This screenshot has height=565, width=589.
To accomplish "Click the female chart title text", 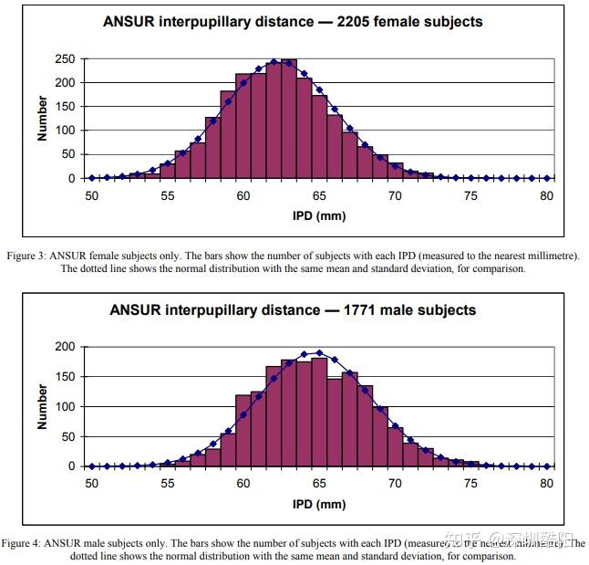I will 292,21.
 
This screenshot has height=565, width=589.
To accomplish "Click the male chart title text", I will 293,309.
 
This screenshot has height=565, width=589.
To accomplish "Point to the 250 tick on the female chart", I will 65,59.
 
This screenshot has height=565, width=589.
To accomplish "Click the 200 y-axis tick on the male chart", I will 65,347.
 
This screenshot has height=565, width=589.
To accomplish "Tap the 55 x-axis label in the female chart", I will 167,195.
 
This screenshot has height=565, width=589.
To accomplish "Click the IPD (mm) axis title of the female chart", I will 319,216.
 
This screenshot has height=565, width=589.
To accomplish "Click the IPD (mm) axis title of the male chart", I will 319,504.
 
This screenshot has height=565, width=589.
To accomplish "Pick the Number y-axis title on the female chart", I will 43,119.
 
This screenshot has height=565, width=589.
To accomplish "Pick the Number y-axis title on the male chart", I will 43,406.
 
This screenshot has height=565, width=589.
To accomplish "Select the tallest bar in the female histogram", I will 289,119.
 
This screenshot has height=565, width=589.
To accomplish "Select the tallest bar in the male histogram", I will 319,412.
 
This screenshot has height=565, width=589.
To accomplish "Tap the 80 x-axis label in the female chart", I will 547,195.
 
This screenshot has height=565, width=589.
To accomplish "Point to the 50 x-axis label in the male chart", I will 91,483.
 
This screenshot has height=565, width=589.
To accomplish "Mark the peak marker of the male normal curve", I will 319,352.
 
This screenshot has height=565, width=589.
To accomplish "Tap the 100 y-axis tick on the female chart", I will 65,131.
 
